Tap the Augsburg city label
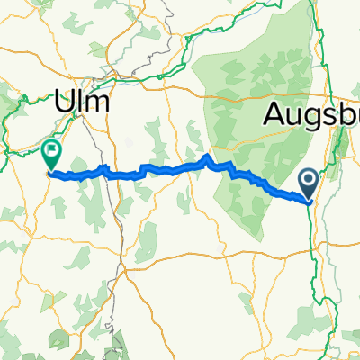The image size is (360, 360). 311,114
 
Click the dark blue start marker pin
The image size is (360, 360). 308,184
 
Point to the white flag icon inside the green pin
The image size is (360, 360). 51,149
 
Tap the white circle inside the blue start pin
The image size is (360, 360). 308,180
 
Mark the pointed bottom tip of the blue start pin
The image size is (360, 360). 308,201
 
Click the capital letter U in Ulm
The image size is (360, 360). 65,103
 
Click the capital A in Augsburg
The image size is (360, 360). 274,114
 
